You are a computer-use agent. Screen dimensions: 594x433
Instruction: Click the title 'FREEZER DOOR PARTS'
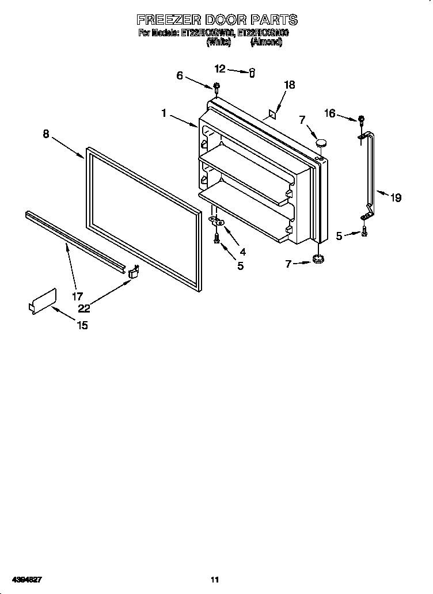216,20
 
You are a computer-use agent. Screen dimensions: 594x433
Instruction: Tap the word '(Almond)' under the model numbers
266,43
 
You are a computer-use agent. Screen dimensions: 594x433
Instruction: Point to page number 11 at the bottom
215,578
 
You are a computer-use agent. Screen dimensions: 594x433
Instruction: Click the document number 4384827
26,578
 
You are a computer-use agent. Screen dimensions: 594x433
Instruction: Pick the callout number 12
220,69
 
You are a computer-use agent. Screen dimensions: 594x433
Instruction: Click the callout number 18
289,85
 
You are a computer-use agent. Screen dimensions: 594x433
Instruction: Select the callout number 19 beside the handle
395,197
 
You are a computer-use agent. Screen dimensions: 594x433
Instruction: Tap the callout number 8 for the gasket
46,134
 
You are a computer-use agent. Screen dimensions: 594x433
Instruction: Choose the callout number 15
82,325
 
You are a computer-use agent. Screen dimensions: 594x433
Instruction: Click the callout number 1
164,113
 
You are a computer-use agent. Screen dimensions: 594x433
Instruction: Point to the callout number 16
329,113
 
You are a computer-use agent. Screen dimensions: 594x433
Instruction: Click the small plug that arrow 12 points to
252,73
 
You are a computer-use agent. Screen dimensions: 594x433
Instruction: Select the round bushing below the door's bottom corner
317,261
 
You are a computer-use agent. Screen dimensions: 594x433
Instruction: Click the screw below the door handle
364,232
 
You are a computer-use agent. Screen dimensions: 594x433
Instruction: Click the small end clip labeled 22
134,272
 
